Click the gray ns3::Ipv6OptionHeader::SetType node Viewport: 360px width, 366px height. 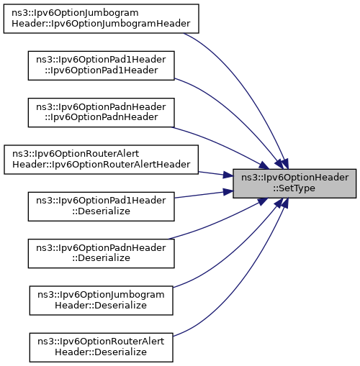[294, 183]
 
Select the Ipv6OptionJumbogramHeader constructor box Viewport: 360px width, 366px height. [101, 19]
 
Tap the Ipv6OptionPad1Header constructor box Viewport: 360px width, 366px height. [101, 65]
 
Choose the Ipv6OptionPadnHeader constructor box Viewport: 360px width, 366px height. [101, 112]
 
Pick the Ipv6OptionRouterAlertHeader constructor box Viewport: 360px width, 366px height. [101, 160]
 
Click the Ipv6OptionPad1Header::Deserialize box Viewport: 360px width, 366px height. [101, 206]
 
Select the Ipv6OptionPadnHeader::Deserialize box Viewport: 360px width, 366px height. [101, 253]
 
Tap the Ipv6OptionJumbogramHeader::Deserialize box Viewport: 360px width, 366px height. [101, 301]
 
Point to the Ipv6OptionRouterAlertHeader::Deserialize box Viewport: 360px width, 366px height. [101, 347]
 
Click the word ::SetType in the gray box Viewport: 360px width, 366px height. [294, 188]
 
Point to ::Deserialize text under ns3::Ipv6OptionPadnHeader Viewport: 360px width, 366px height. [101, 258]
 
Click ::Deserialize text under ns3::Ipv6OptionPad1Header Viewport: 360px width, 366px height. [101, 211]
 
